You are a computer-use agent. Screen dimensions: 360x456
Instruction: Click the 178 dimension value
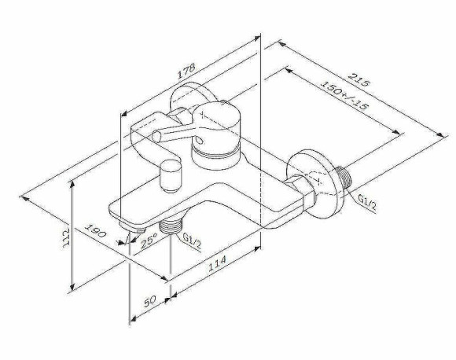[x=186, y=70]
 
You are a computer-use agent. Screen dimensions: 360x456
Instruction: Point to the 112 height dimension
[x=65, y=236]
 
